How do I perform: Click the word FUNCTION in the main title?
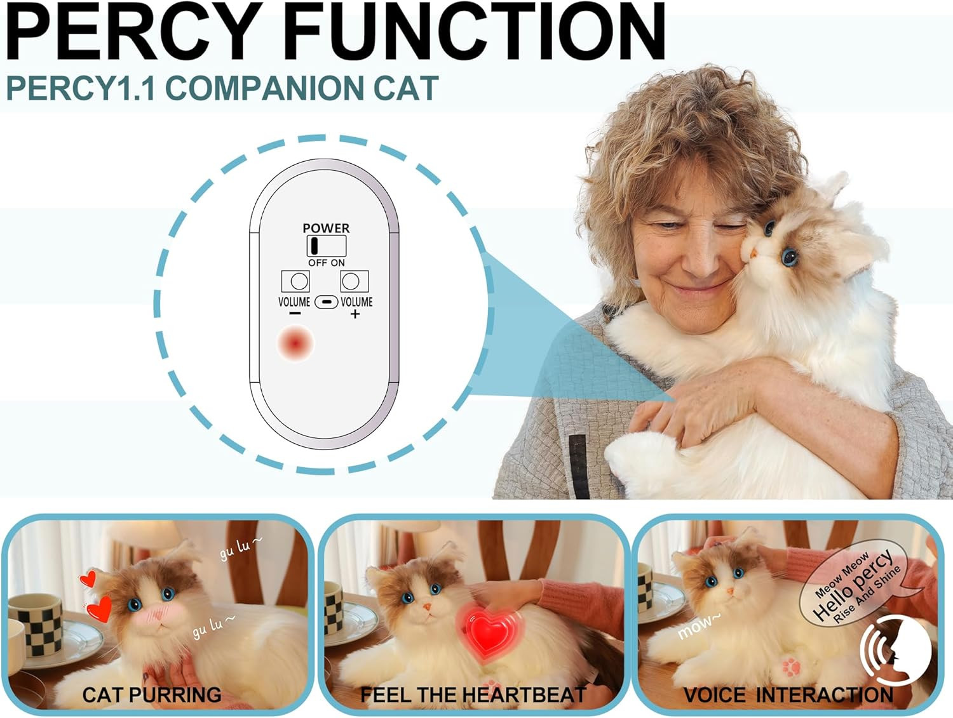(x=475, y=31)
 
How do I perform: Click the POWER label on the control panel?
(x=326, y=228)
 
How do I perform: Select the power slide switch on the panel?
(x=327, y=246)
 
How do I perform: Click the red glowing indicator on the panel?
(x=295, y=343)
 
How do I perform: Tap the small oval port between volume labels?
(x=326, y=302)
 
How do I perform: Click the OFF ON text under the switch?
(x=327, y=263)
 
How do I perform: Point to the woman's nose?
(x=700, y=258)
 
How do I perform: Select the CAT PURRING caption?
(x=151, y=695)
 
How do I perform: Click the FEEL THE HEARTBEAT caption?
(x=474, y=695)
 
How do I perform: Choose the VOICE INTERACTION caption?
(x=788, y=695)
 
